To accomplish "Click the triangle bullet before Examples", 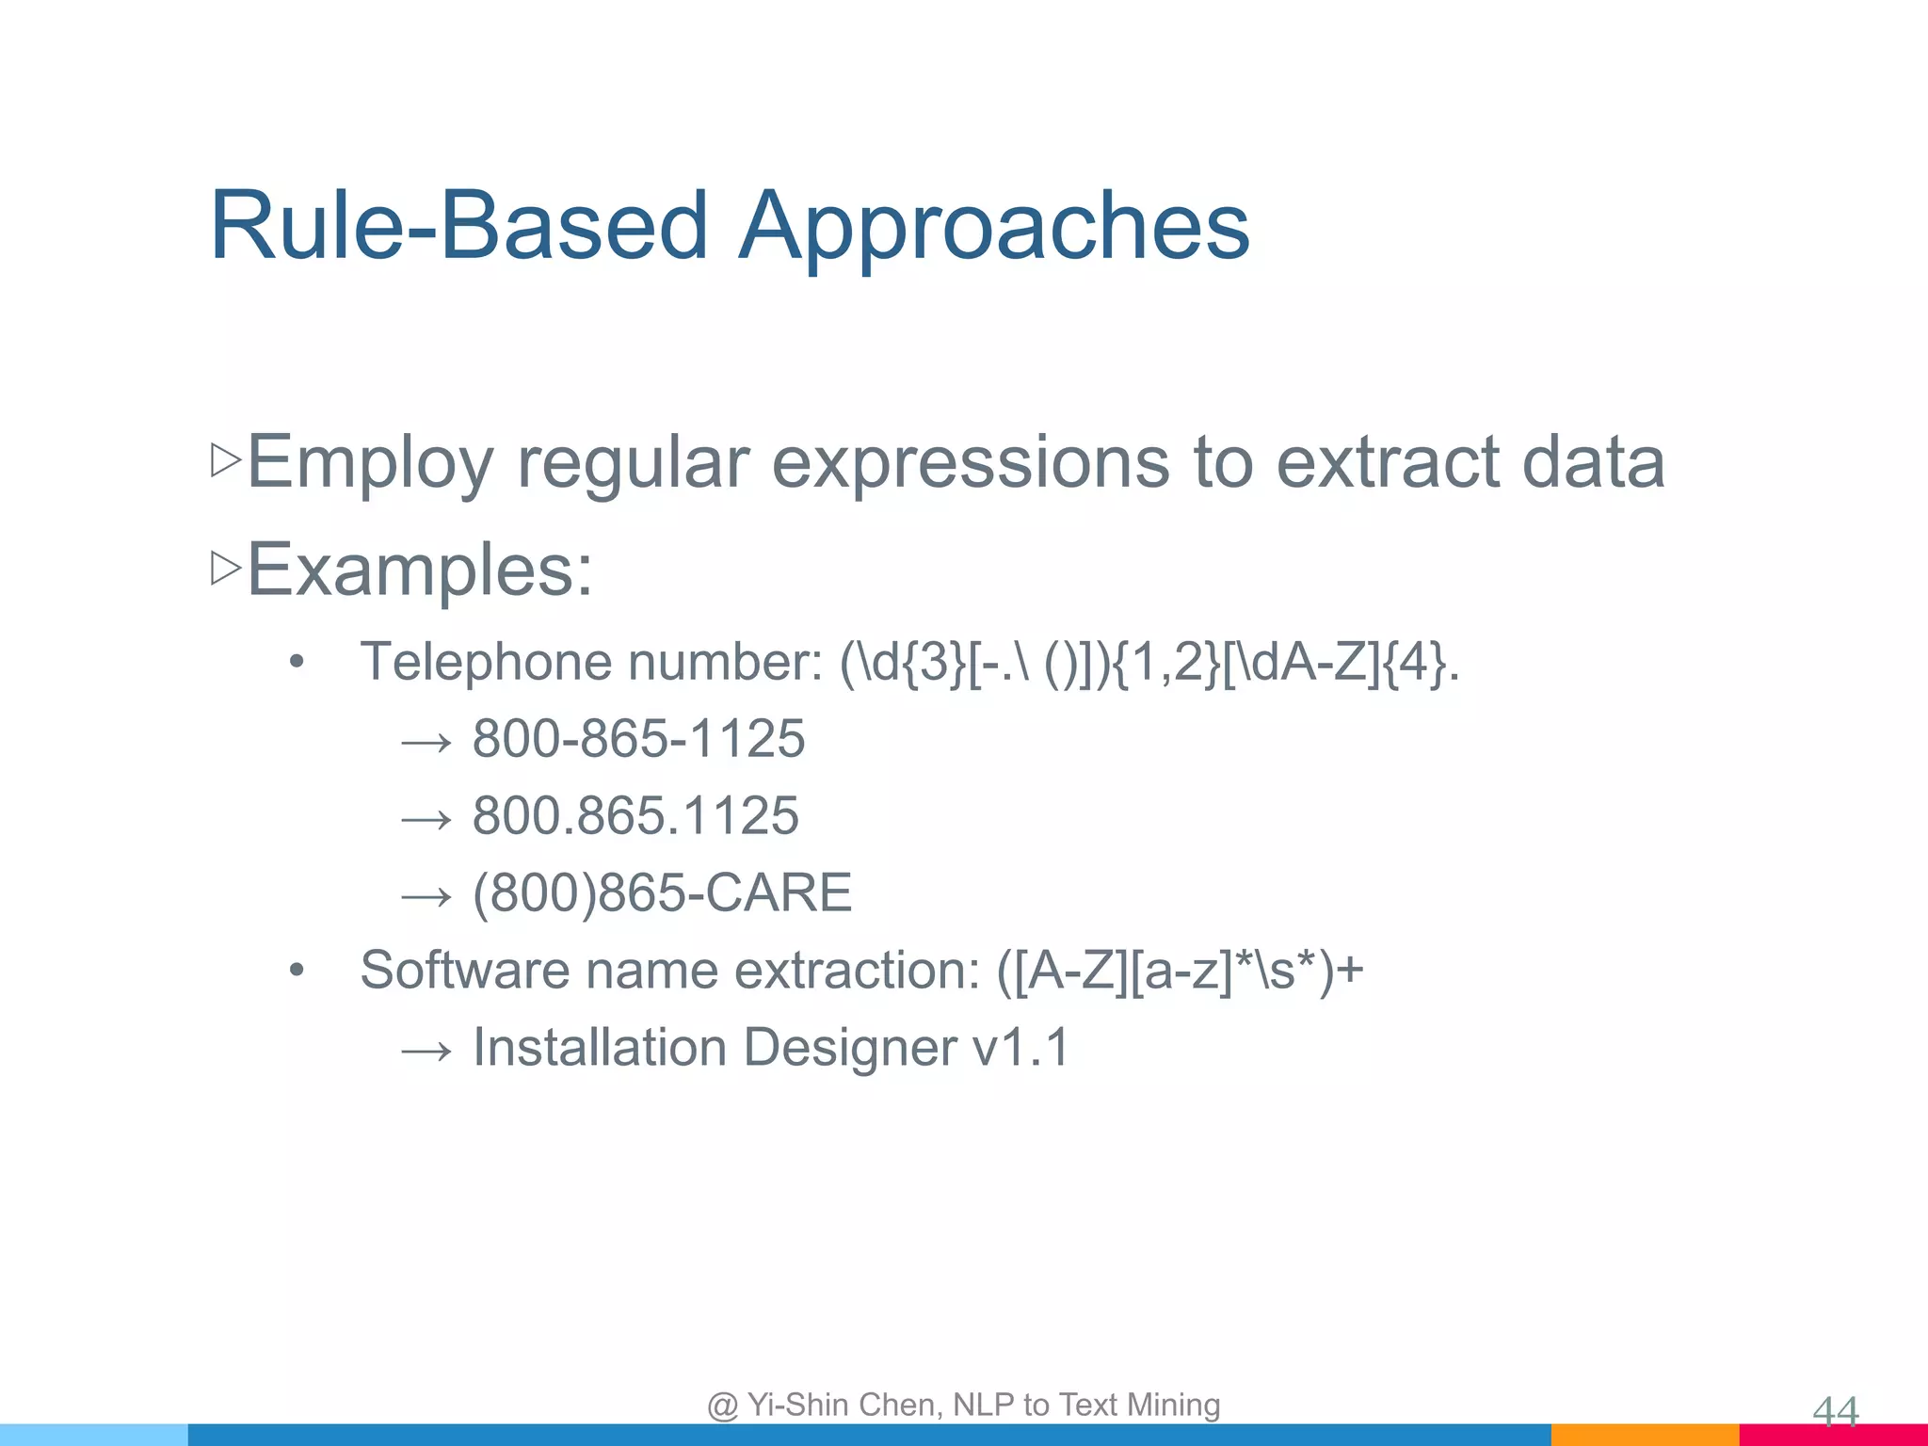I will pos(226,568).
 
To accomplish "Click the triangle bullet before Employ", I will pos(226,460).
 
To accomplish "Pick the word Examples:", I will pos(420,570).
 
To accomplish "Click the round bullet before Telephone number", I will pos(297,663).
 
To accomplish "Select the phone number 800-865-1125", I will pos(638,738).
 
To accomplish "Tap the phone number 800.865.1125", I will pos(635,815).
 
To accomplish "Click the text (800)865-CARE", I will pos(662,892).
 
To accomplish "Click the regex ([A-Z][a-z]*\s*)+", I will pos(1180,970).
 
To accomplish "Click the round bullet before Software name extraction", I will pos(297,971).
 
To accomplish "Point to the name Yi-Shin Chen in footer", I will pos(843,1405).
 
